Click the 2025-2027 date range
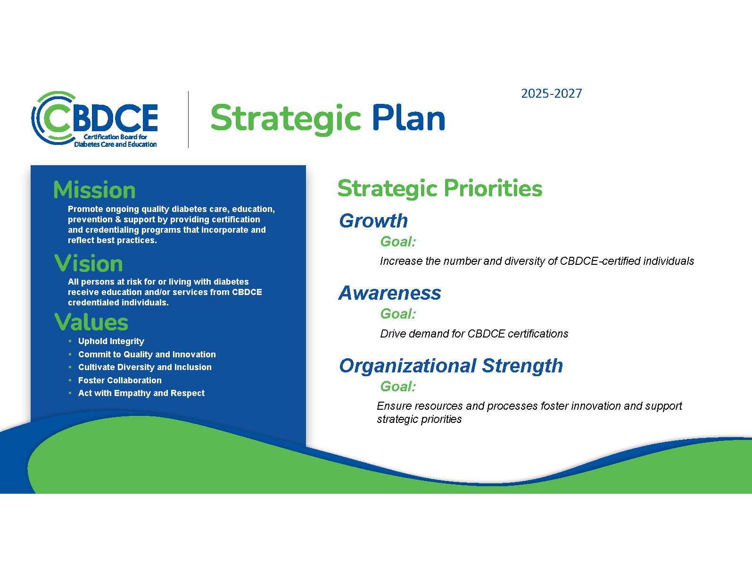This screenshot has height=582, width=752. pyautogui.click(x=551, y=93)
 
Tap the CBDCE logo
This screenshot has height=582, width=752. pyautogui.click(x=94, y=119)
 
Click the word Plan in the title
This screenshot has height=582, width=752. pyautogui.click(x=408, y=118)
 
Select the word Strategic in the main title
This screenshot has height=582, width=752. pyautogui.click(x=286, y=119)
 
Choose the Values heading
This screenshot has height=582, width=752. pyautogui.click(x=91, y=322)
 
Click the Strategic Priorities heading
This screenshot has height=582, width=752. pyautogui.click(x=440, y=189)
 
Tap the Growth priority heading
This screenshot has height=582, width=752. pyautogui.click(x=373, y=221)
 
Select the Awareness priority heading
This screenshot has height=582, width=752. pyautogui.click(x=390, y=293)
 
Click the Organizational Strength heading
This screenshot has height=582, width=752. pyautogui.click(x=451, y=366)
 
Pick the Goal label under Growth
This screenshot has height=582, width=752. pyautogui.click(x=398, y=242)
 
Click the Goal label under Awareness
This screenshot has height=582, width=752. pyautogui.click(x=398, y=314)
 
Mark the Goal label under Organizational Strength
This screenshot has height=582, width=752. pyautogui.click(x=398, y=387)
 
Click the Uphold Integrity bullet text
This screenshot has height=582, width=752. pyautogui.click(x=111, y=341)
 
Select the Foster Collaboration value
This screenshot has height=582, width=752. pyautogui.click(x=120, y=380)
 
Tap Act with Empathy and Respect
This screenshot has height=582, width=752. pyautogui.click(x=141, y=393)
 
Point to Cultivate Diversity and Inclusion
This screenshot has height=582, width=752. pyautogui.click(x=145, y=367)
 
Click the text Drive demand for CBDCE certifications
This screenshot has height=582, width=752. pyautogui.click(x=474, y=334)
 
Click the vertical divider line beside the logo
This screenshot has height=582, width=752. pyautogui.click(x=188, y=119)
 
